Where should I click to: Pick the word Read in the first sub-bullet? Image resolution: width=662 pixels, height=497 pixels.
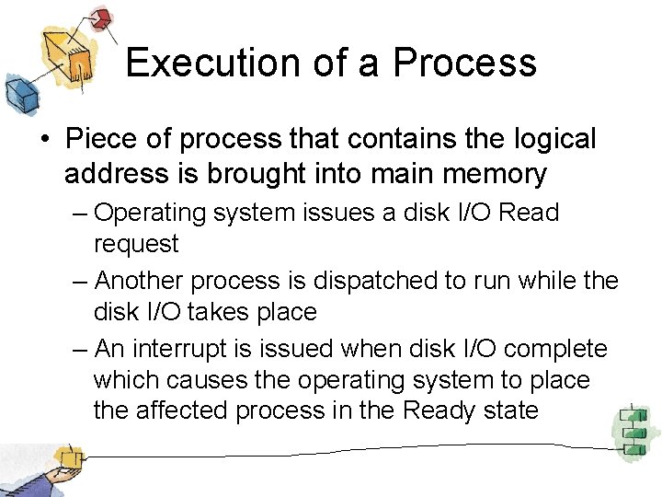coord(531,213)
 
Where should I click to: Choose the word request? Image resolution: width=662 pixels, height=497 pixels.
coord(136,244)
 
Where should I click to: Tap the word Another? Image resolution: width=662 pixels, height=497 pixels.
coord(145,280)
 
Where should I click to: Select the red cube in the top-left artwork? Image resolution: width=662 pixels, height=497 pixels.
coord(101,18)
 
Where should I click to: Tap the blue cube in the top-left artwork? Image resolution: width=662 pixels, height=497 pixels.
coord(19,93)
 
